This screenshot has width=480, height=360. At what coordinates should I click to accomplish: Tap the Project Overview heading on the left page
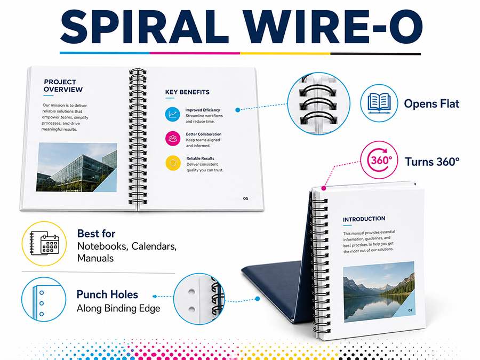63,86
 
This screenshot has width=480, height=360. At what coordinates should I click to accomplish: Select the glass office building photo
76,167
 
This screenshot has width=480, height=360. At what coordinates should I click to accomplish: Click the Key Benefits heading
187,92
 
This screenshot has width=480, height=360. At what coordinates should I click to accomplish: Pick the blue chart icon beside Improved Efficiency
173,114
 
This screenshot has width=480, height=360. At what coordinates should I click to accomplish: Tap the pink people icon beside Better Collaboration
173,138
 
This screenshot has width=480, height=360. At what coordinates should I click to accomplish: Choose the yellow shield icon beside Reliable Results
173,163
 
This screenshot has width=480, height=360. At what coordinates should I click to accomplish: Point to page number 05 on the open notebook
245,198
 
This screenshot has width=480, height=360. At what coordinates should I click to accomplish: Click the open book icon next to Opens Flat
379,103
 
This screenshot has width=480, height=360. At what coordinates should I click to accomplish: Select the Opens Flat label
431,104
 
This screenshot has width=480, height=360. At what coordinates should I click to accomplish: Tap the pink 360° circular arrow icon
379,160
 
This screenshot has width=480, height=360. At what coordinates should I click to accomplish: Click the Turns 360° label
432,162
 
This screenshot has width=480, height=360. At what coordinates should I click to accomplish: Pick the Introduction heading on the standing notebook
364,219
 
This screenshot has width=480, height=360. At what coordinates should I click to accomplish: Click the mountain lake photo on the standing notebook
379,291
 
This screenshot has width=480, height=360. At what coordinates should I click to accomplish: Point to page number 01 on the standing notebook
410,310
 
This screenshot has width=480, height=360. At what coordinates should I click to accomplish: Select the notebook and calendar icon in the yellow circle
44,243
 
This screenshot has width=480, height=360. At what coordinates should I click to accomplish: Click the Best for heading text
96,234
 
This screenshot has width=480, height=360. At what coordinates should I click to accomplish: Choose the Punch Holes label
107,294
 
